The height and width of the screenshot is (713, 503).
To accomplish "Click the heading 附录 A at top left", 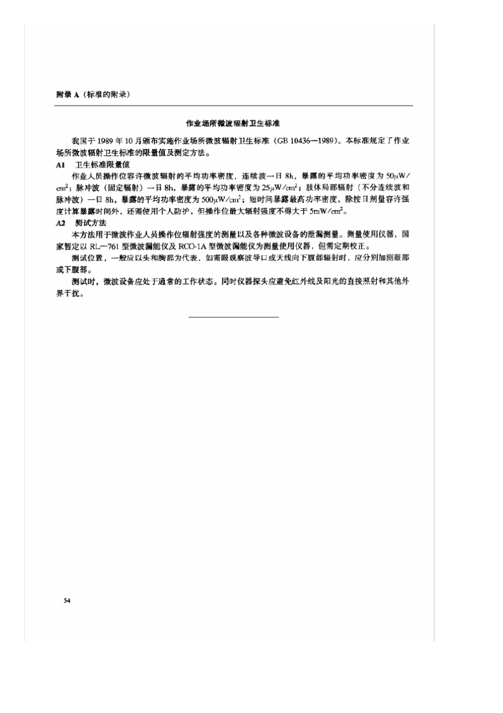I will [x=67, y=94].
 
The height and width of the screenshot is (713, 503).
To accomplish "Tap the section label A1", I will [x=61, y=164].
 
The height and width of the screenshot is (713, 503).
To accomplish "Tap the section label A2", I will [x=61, y=223].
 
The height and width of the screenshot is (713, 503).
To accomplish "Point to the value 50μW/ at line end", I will [x=399, y=175].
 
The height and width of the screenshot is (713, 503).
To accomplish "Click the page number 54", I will [x=67, y=600].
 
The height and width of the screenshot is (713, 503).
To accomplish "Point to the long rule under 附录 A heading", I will [x=234, y=105].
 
